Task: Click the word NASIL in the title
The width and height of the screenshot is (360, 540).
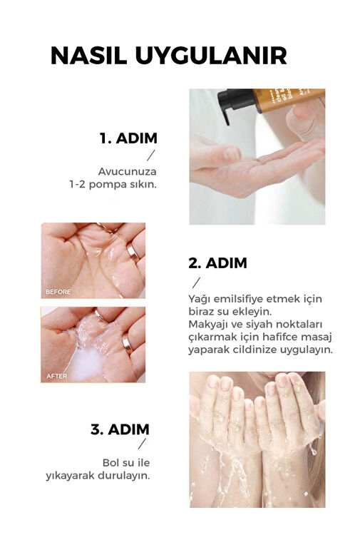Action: [x=89, y=56]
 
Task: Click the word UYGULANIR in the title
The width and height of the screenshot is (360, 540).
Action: [x=211, y=56]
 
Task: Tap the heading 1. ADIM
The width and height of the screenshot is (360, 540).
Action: [x=128, y=138]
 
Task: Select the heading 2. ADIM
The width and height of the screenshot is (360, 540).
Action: [x=217, y=263]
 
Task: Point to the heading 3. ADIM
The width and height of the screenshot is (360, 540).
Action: [x=120, y=429]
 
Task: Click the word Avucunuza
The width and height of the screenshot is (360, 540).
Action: [x=128, y=171]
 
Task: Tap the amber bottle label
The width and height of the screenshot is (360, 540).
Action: [x=290, y=99]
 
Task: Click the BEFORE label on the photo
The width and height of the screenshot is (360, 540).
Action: [x=58, y=292]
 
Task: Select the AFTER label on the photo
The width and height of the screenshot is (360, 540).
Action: [x=57, y=376]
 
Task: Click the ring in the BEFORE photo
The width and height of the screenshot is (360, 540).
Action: [x=133, y=253]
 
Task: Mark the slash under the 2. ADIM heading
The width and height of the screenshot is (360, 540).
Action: [x=196, y=282]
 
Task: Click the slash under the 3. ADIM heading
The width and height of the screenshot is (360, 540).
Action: [x=142, y=444]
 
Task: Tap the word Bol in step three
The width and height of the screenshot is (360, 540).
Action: [x=110, y=463]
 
